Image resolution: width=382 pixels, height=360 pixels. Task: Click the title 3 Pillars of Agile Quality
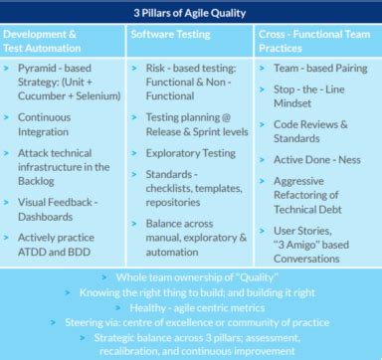coord(190,13)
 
